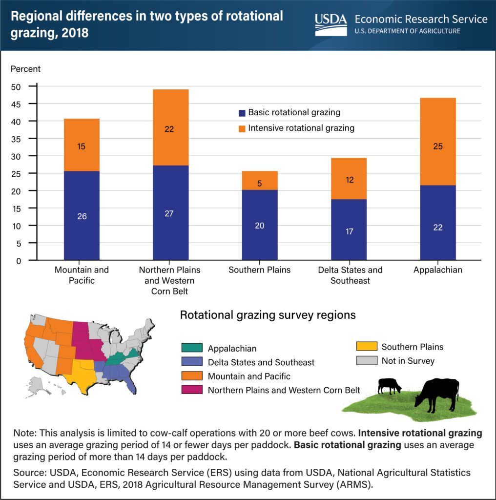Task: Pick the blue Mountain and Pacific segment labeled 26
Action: tap(82, 215)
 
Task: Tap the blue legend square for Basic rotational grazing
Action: tap(241, 113)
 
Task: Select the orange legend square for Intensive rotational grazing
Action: tap(241, 128)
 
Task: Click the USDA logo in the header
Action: tap(331, 24)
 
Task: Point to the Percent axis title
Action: tap(26, 69)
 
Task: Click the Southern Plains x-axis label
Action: tap(260, 270)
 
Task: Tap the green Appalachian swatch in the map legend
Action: tap(192, 349)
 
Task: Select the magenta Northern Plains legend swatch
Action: tap(192, 390)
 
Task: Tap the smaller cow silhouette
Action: tap(390, 385)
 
